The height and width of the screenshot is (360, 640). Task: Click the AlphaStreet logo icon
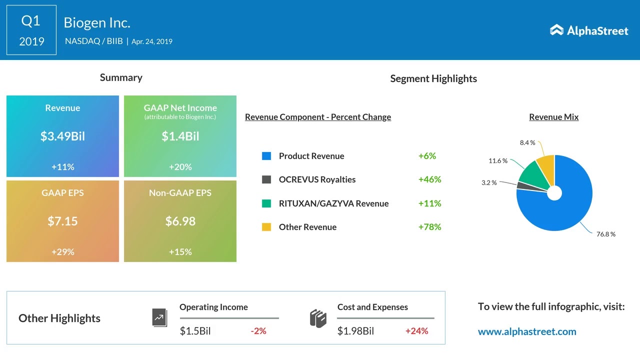556,30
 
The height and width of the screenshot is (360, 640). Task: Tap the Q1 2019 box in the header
31,30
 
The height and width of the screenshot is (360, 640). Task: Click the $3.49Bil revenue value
62,136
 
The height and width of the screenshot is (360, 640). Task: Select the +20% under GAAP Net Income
180,167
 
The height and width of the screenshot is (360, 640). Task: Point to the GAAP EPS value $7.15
62,221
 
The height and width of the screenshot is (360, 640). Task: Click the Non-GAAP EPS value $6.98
180,221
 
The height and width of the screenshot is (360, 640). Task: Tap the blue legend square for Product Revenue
266,156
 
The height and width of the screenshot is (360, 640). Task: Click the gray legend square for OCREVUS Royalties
266,179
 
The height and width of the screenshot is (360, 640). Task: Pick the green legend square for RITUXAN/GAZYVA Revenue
266,203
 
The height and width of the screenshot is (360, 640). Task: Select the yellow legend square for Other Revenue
266,227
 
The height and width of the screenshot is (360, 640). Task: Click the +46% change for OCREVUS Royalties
429,179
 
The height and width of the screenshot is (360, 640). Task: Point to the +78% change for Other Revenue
429,227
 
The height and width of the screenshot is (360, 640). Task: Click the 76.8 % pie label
605,234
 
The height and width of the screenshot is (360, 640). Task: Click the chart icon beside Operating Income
159,317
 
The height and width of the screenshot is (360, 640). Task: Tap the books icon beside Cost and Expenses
318,318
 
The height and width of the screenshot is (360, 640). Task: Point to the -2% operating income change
258,331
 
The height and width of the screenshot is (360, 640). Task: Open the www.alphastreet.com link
527,331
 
